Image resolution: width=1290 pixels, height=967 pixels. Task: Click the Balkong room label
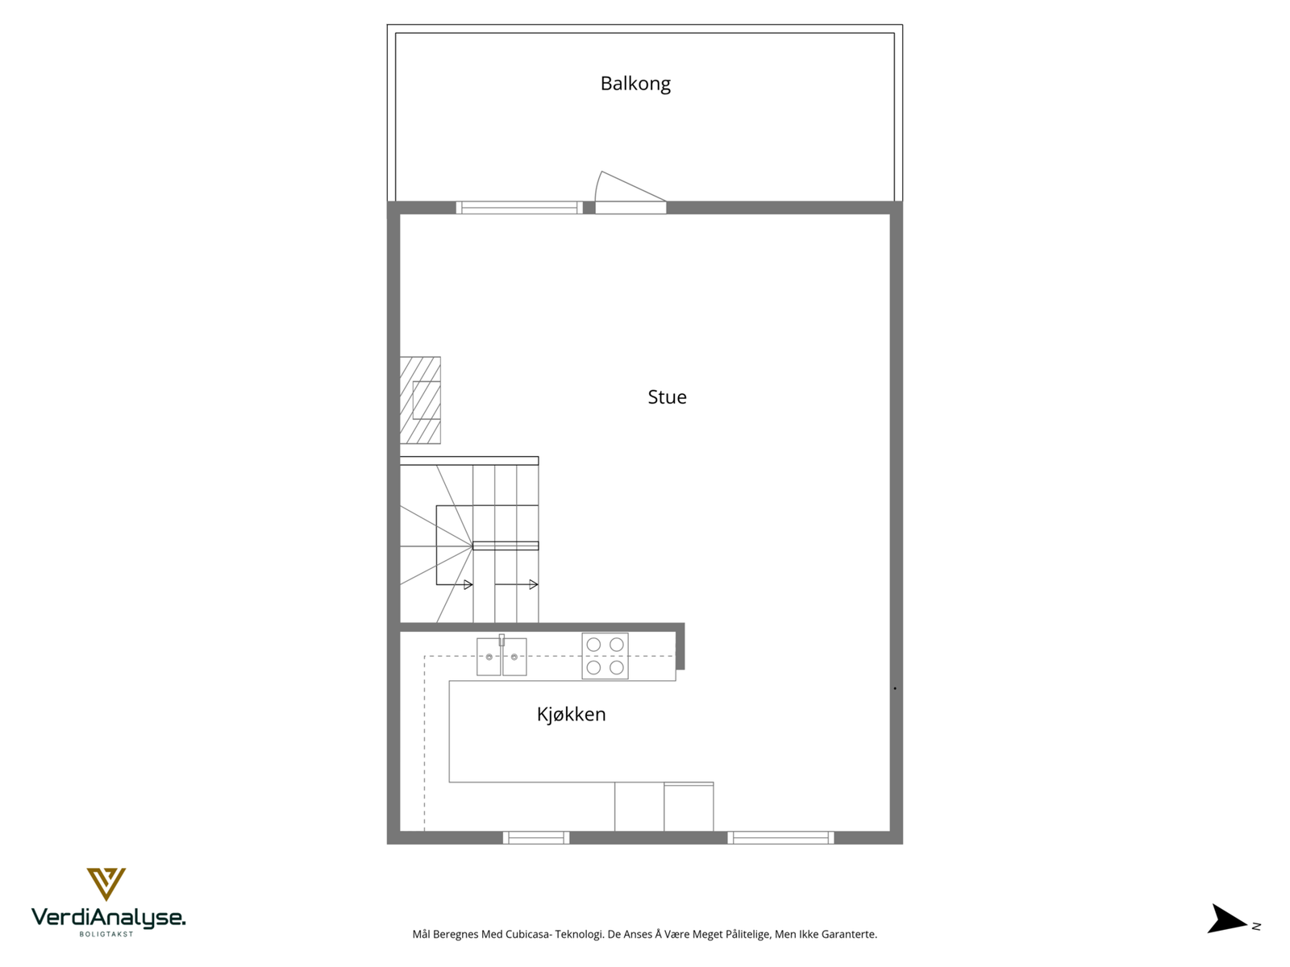tap(635, 84)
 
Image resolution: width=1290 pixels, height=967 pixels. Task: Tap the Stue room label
tap(667, 397)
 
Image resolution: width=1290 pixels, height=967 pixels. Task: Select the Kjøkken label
tap(571, 715)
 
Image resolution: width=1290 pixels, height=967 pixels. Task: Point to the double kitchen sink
tap(501, 657)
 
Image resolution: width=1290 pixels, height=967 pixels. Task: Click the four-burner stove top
tap(605, 656)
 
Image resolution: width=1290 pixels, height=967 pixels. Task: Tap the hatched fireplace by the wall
tap(420, 400)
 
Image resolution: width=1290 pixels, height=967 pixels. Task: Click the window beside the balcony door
tap(519, 208)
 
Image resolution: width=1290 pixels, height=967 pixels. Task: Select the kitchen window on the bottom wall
tap(536, 838)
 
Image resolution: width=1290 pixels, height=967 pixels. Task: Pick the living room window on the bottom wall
tap(780, 838)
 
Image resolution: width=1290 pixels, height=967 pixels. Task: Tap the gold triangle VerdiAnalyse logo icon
tap(106, 883)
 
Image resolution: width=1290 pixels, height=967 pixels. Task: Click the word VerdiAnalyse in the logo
tap(108, 917)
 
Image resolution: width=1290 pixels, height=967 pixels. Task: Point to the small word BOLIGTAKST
tap(106, 934)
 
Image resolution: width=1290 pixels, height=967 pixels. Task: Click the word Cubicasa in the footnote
tap(528, 935)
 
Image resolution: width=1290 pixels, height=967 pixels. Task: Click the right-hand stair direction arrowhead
tap(533, 585)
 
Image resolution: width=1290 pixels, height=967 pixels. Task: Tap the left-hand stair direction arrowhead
tap(468, 585)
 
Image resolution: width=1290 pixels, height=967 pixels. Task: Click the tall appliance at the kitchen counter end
tap(689, 807)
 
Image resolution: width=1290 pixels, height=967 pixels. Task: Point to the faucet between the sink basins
tap(501, 641)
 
